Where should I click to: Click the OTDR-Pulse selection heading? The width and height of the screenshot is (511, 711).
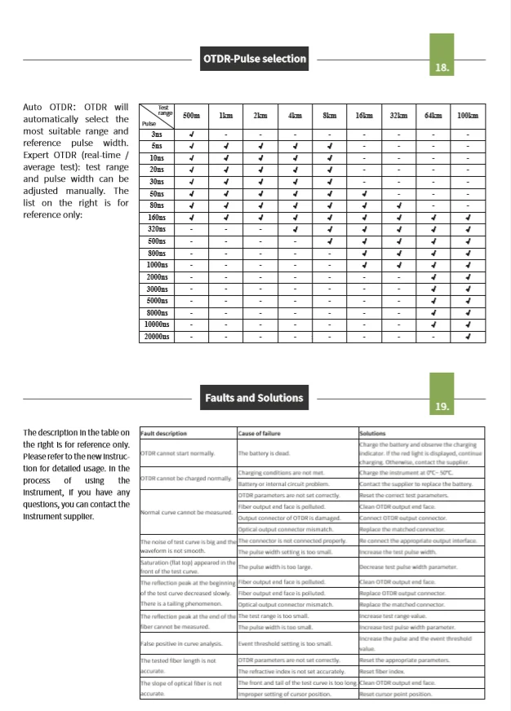[x=255, y=59]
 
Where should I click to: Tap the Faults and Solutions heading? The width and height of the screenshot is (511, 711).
[x=255, y=398]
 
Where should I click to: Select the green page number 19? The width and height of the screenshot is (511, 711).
[x=442, y=404]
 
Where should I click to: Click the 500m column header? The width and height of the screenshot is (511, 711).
[x=191, y=117]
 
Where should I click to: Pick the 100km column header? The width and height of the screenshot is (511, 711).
[x=468, y=117]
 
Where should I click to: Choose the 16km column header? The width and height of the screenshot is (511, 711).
[x=364, y=117]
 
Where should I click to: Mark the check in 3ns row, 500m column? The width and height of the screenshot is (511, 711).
[x=191, y=133]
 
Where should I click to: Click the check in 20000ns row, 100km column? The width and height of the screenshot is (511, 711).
[x=468, y=336]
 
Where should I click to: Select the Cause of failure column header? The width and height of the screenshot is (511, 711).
[x=260, y=432]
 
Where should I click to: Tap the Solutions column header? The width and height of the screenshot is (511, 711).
[x=374, y=432]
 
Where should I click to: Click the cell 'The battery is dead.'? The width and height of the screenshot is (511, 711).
[x=265, y=452]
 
